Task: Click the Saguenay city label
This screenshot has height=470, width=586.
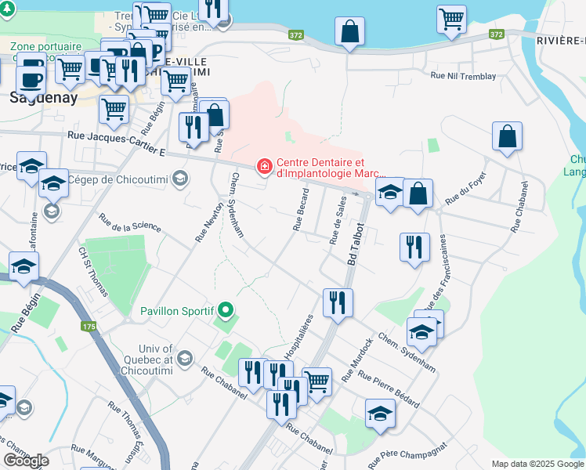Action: (x=43, y=98)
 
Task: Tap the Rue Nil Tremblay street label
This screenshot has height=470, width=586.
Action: (x=463, y=77)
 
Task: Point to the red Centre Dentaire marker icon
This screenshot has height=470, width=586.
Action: (x=265, y=166)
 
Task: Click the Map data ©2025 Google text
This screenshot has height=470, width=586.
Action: (x=537, y=464)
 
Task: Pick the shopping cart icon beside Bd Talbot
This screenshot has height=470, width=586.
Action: (x=317, y=381)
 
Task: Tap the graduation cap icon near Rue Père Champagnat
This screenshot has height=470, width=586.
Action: (x=380, y=412)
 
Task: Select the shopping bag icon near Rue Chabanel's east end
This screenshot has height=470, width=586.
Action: (x=508, y=135)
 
